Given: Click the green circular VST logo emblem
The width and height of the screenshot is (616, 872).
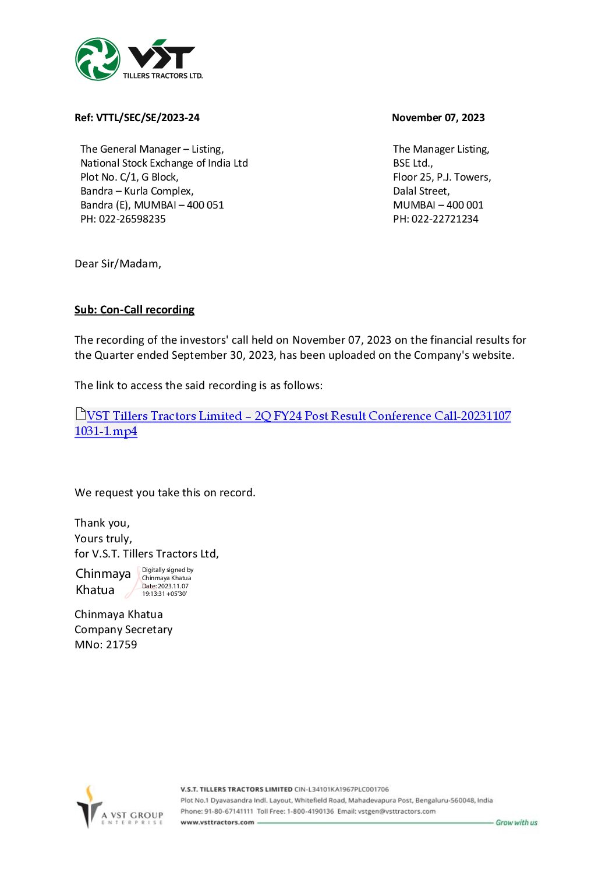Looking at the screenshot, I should pos(98,59).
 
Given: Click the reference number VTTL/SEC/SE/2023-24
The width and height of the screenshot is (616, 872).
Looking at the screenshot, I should pos(148,118).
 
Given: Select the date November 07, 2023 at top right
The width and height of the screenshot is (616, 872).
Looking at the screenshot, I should pos(438,118).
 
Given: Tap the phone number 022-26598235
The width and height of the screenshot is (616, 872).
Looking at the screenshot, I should pos(132,219).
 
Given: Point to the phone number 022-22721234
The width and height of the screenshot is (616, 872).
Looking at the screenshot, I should pos(445,219).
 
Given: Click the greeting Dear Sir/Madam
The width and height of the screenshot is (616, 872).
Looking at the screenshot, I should pos(118,264).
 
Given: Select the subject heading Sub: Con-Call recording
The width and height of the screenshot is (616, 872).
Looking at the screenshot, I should pos(134,310).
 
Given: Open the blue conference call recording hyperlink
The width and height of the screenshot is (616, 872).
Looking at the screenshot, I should pos(298,416).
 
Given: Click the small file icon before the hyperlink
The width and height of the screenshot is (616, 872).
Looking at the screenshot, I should pos(80,414).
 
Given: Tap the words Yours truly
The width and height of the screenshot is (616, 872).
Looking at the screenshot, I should pos(103,538).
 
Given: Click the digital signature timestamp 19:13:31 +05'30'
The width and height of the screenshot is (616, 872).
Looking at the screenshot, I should pos(164,594).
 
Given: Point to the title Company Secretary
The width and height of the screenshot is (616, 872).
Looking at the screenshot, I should pos(123,630).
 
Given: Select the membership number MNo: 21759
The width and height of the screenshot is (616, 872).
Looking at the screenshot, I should pos(106,645).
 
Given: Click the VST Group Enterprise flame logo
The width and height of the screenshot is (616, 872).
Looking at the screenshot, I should pos(90,807).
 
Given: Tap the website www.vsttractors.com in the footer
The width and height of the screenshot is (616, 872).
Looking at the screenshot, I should pos(217,822).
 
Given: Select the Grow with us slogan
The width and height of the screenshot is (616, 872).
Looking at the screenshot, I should pos(516,822).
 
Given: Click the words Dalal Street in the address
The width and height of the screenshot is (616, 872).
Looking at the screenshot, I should pos(421,191).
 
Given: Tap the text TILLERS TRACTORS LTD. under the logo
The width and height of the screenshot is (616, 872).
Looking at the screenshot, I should pos(162,76).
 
